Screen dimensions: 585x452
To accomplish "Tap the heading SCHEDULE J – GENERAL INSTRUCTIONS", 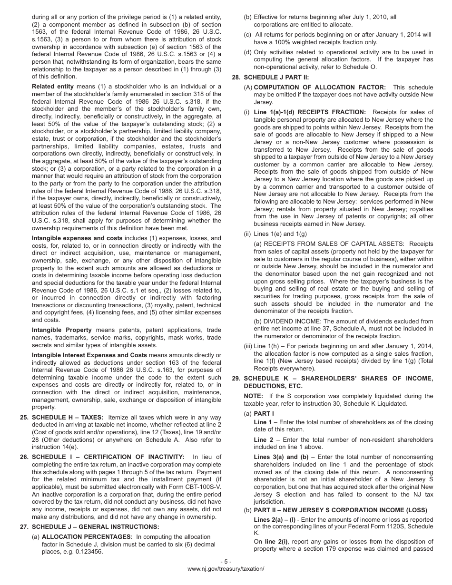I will (95, 526).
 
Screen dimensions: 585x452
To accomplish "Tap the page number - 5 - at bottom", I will (226, 562).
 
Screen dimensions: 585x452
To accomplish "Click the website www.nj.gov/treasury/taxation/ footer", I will (226, 569).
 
